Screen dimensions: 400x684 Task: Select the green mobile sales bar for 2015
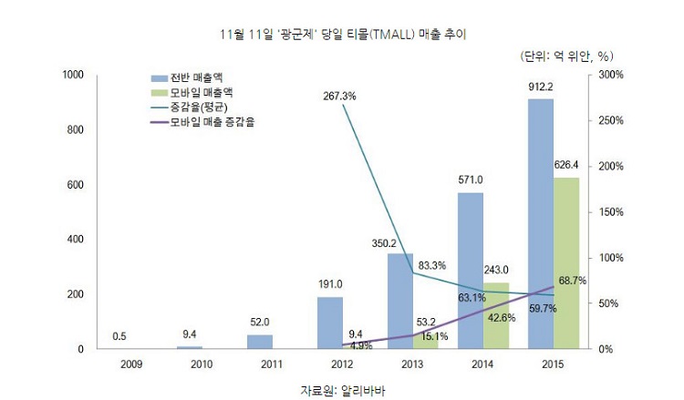(566, 263)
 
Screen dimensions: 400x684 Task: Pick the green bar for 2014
(496, 315)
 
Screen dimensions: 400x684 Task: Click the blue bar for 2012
(330, 323)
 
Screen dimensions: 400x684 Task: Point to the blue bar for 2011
(260, 342)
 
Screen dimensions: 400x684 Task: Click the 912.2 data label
(541, 87)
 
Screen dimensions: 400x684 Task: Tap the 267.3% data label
(339, 96)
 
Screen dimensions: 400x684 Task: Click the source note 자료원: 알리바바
(343, 390)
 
